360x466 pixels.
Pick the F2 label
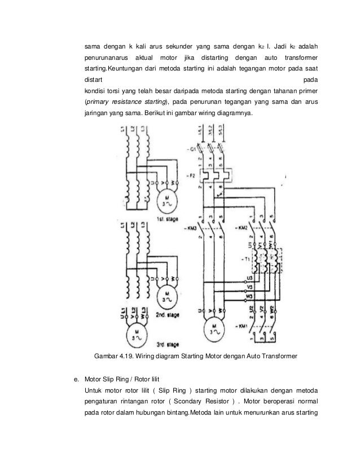click(192, 175)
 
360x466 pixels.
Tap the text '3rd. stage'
click(169, 343)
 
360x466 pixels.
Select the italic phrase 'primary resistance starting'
click(125, 102)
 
